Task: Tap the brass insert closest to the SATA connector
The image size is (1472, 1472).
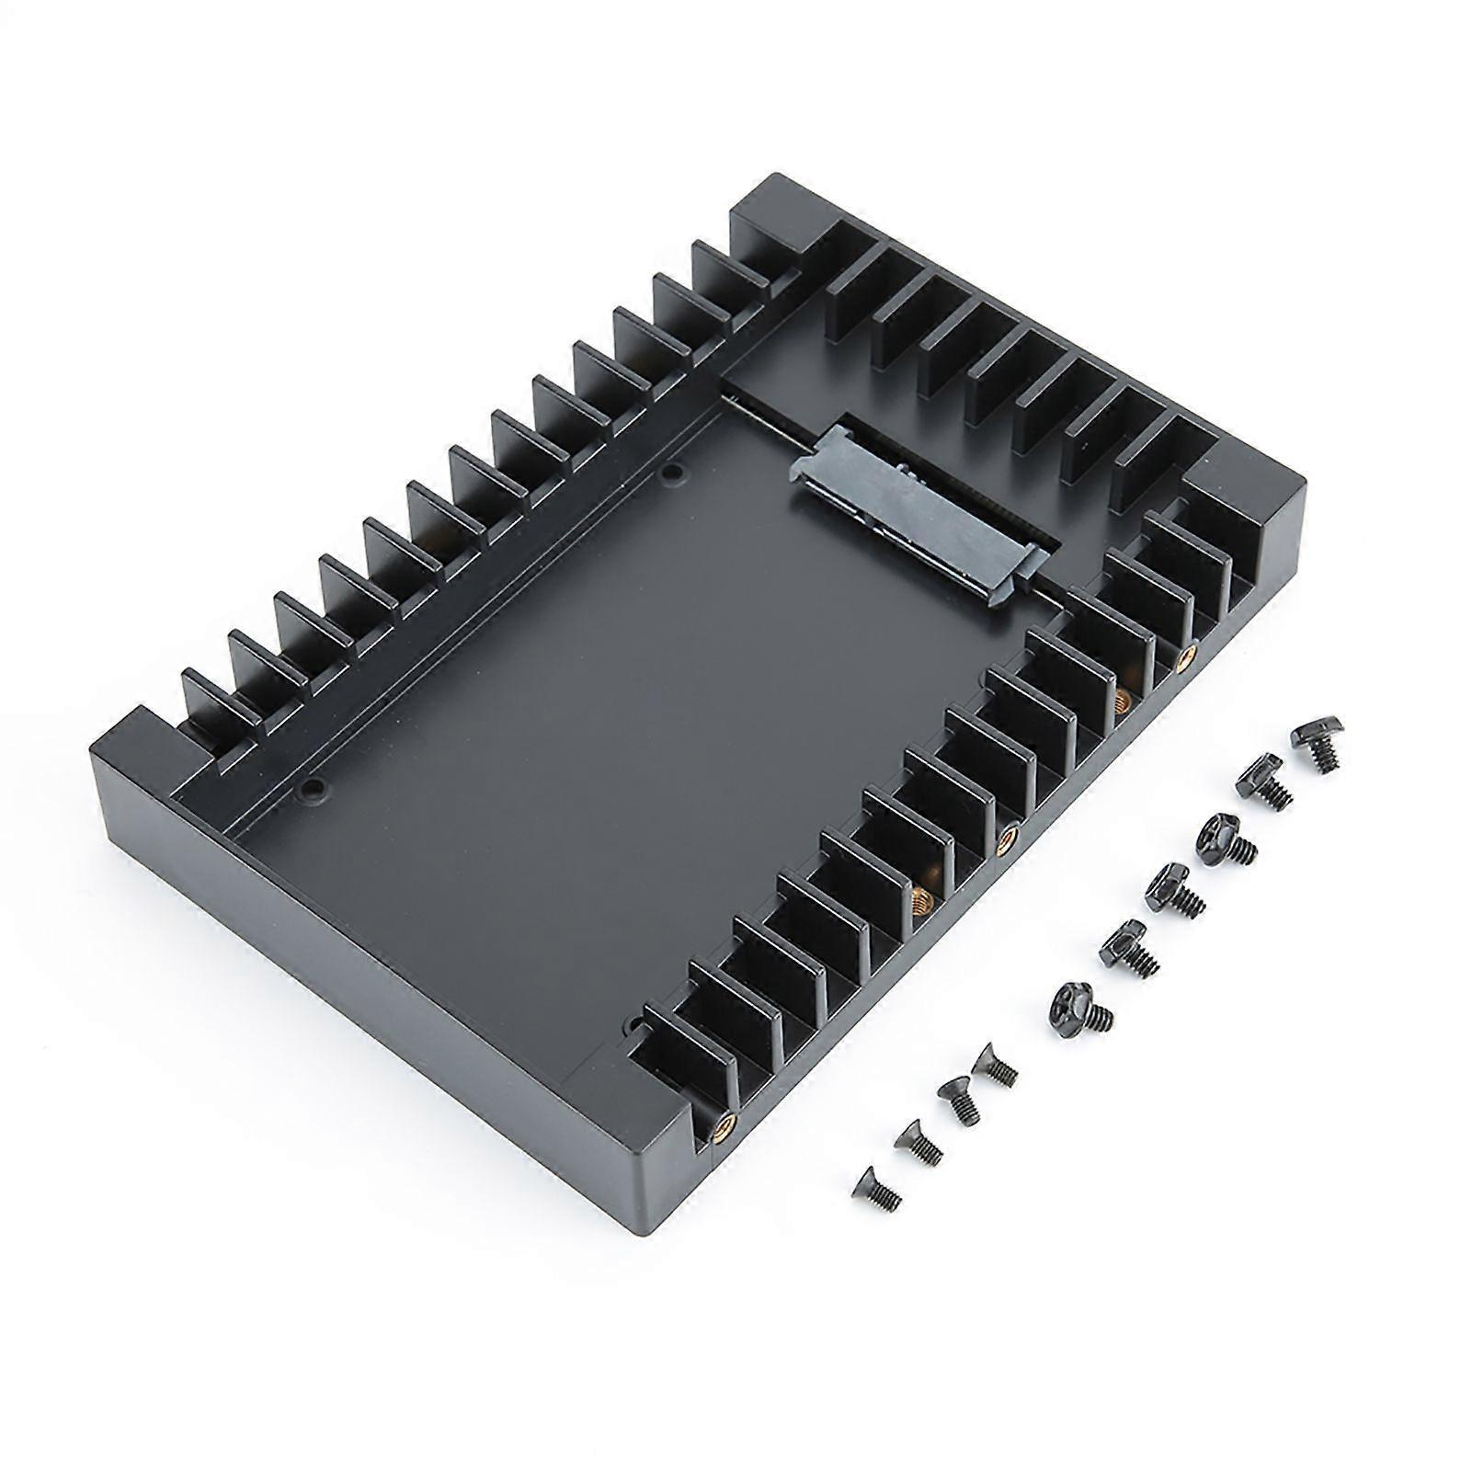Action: coord(1186,655)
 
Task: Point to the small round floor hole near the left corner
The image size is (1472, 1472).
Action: coord(315,787)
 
